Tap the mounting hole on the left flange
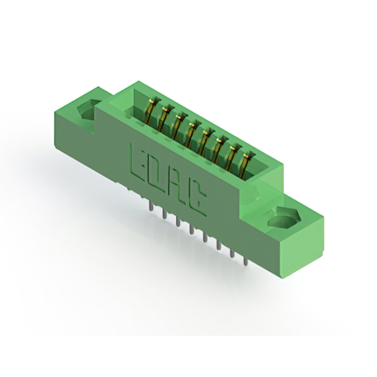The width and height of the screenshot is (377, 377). pos(87,110)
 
